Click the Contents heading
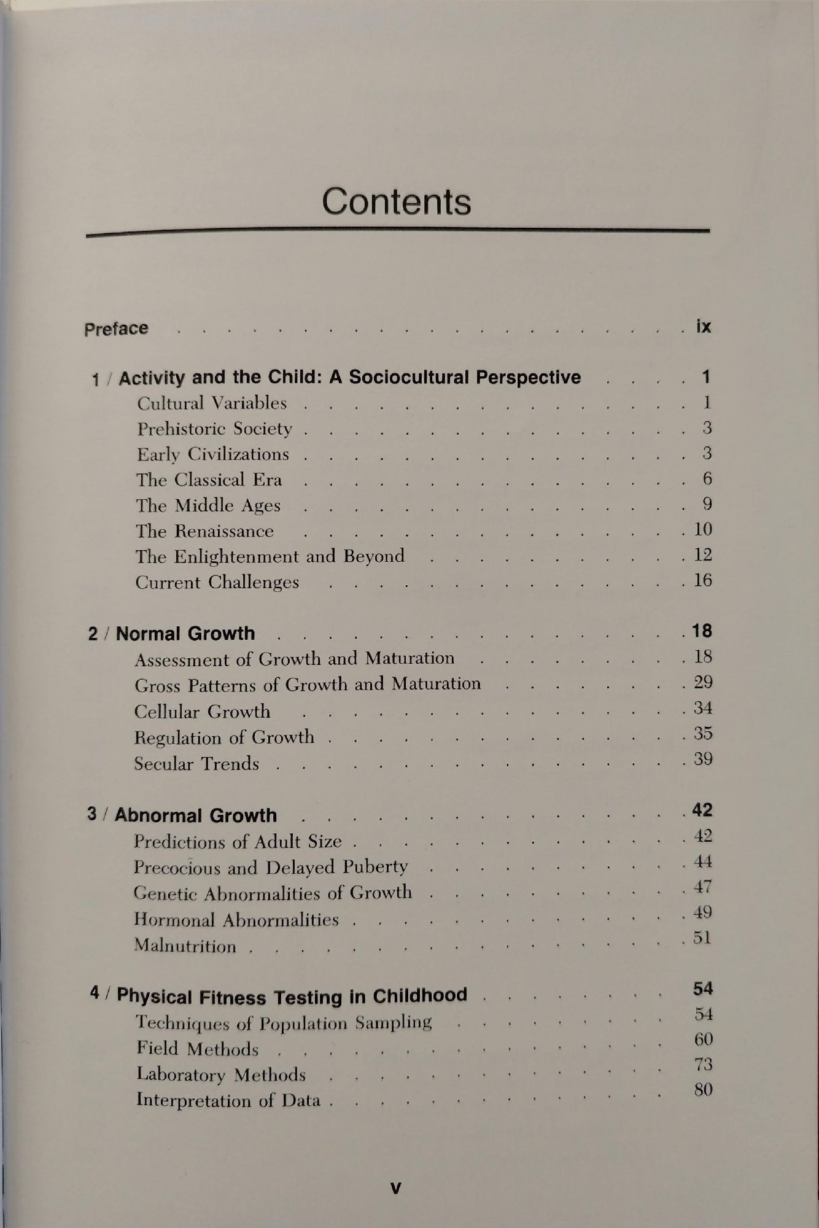point(397,201)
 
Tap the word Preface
point(116,328)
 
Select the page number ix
point(704,326)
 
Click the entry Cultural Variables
point(212,403)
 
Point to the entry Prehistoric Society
point(214,429)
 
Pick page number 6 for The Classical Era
point(707,478)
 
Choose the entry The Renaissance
point(204,531)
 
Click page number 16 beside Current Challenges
point(703,580)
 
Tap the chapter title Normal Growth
point(185,634)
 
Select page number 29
point(703,682)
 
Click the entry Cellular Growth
point(202,712)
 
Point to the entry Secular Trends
point(196,764)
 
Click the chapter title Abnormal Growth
point(195,815)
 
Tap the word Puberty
point(375,866)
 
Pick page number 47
point(703,887)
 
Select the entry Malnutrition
point(185,946)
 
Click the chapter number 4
point(94,993)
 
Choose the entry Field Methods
point(197,1049)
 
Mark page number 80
point(703,1090)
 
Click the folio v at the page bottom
point(396,1188)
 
